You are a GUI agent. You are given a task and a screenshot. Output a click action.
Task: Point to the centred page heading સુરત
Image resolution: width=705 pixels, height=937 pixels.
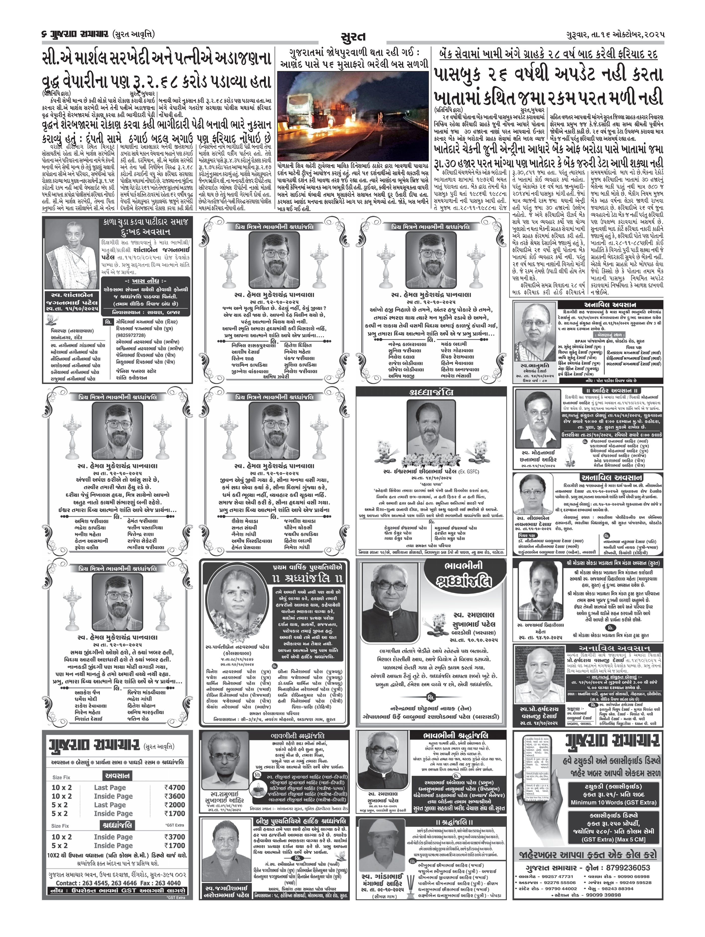pos(352,37)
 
